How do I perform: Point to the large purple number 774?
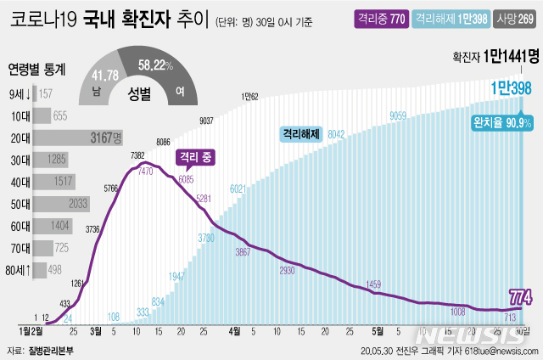520,297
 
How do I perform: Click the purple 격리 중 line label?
194,157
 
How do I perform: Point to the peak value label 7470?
147,171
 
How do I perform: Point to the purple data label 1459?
375,283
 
